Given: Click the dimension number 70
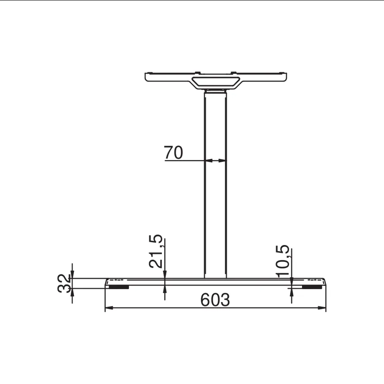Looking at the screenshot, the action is (x=173, y=152).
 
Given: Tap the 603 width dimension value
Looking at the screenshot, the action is (x=215, y=300).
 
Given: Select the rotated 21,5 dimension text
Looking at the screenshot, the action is (x=156, y=251).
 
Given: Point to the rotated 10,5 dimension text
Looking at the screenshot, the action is (x=283, y=261).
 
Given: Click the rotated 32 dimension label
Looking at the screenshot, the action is (x=64, y=283).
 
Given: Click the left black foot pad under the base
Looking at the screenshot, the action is (x=119, y=287).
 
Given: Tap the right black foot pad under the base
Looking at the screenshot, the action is (x=312, y=287).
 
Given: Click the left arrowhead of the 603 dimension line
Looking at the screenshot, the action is (x=109, y=308).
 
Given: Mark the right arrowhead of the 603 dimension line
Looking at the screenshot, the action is (x=322, y=308).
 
